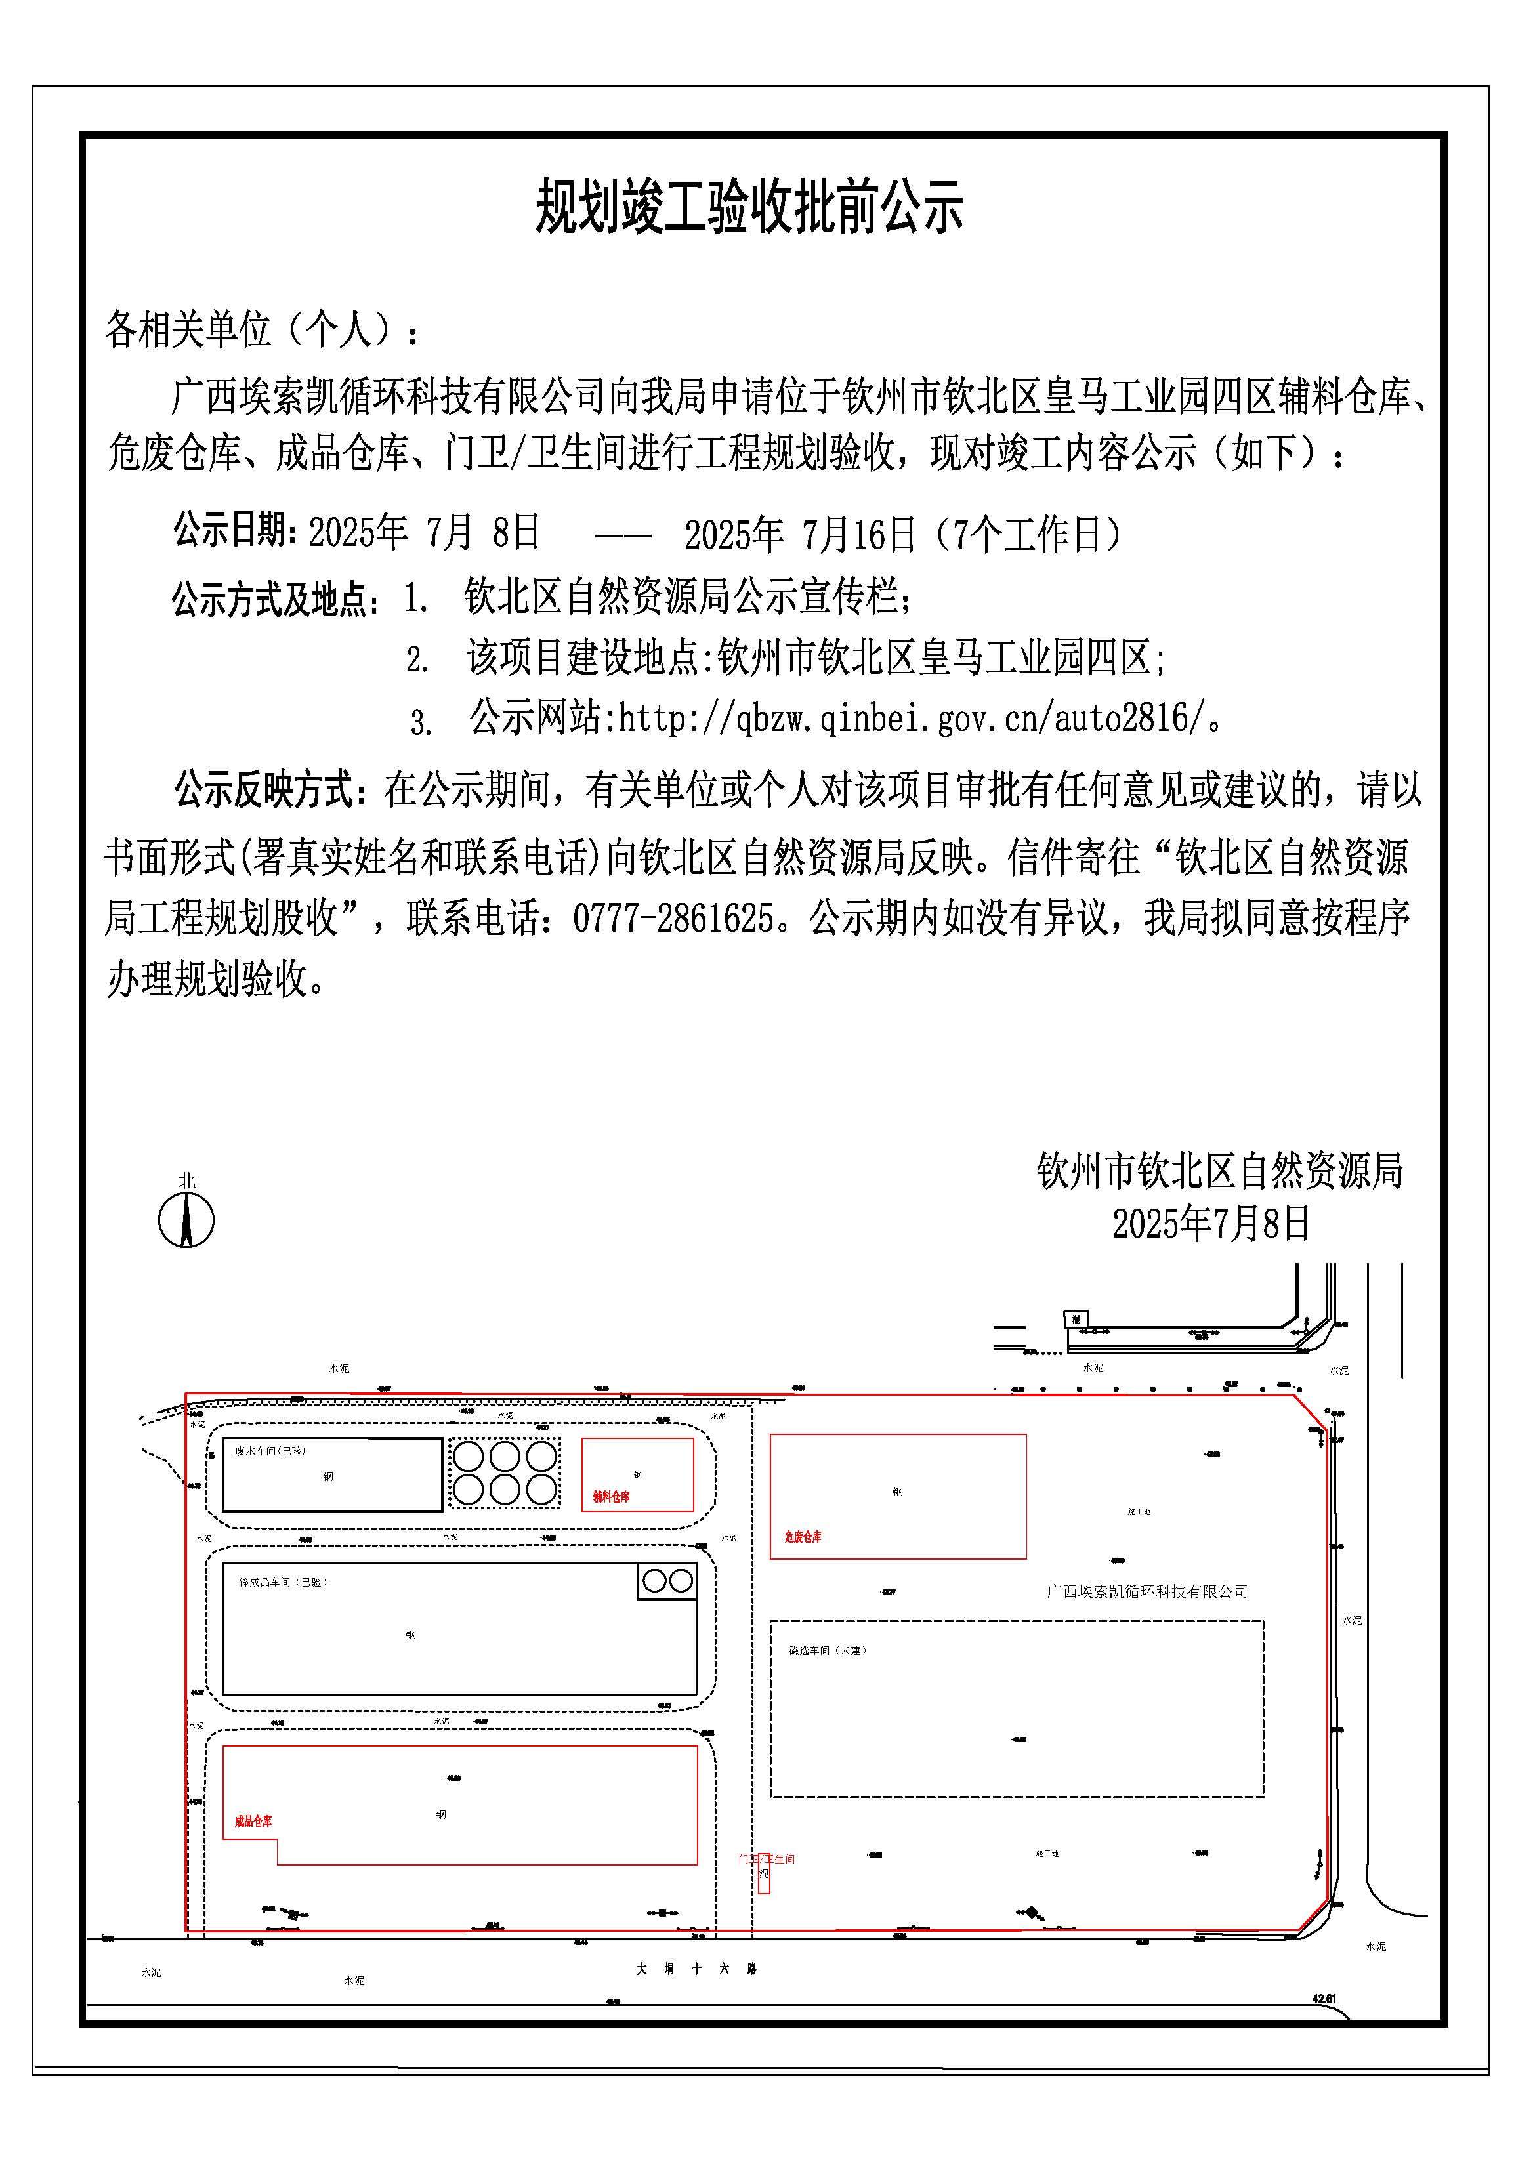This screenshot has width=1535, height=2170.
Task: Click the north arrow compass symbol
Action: [186, 1219]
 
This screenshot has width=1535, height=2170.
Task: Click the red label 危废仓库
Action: [803, 1537]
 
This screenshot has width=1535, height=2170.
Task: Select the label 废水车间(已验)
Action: [270, 1451]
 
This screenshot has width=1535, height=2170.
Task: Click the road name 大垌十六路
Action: [696, 1969]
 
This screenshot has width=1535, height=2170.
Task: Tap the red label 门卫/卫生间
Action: [767, 1858]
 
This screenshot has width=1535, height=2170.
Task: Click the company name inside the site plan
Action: [1146, 1593]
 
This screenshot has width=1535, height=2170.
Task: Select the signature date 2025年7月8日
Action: [1211, 1224]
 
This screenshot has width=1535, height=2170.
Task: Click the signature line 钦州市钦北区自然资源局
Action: [1219, 1171]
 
